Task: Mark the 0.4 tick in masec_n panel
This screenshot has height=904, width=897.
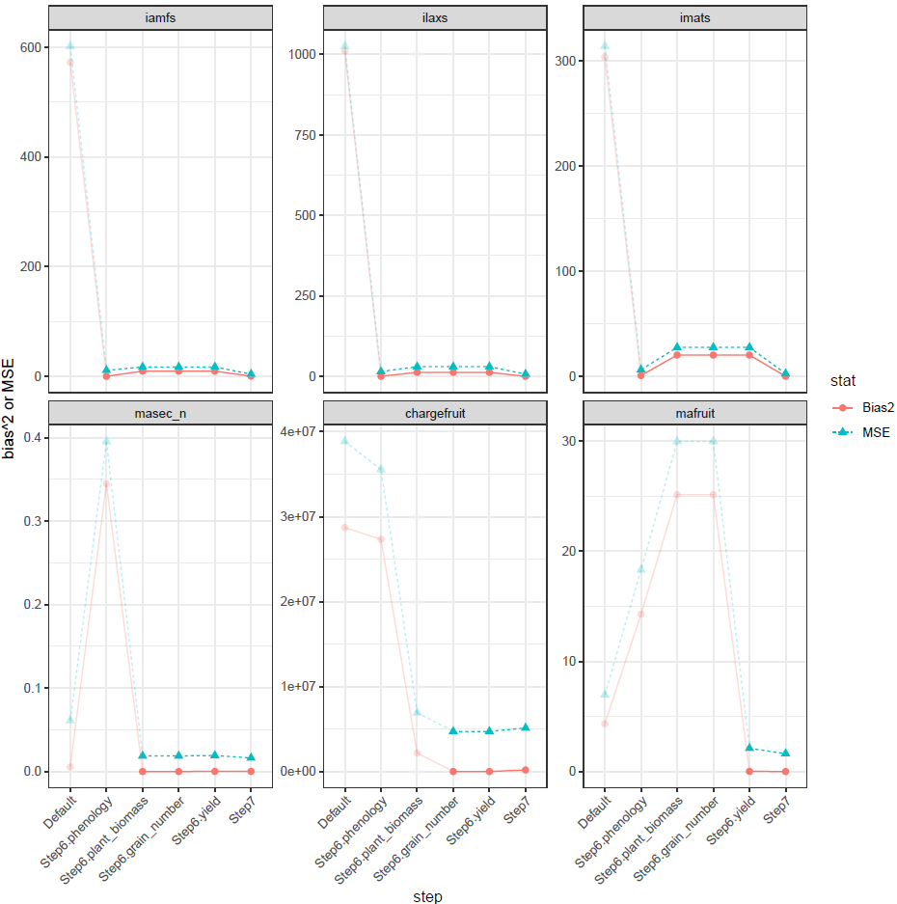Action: tap(30, 438)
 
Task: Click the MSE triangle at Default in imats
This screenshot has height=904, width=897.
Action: tap(605, 44)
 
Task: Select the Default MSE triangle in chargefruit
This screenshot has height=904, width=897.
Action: tap(344, 440)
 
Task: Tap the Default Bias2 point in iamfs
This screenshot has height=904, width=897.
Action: tap(69, 63)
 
